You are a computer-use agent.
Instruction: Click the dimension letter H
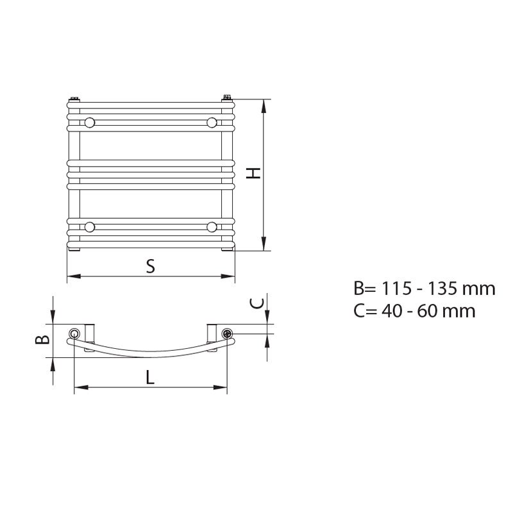[253, 173]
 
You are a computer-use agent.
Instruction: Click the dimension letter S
[150, 266]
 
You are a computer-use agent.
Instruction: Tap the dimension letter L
[149, 377]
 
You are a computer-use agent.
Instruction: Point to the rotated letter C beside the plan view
[256, 303]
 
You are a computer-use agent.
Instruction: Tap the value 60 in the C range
[428, 311]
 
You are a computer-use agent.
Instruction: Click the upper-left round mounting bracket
[89, 122]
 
